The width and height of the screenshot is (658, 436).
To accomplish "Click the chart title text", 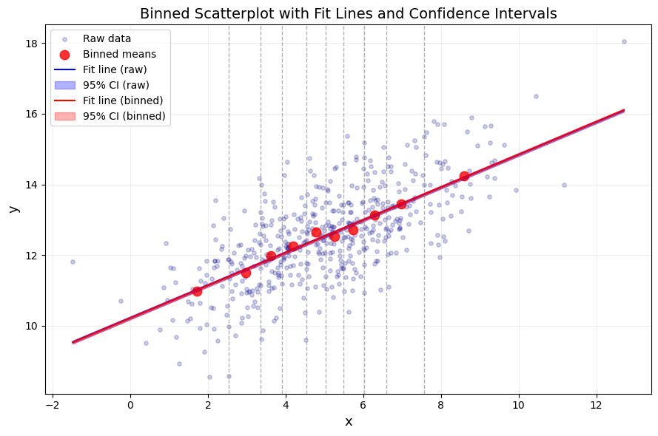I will point(348,13).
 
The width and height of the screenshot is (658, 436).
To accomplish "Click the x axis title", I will point(349,421).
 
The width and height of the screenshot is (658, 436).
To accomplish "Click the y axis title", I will point(13,209).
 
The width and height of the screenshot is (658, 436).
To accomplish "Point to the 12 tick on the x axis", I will point(596,406).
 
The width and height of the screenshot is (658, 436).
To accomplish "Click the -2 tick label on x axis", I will point(53,406).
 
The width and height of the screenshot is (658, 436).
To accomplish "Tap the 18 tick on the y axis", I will point(31,43).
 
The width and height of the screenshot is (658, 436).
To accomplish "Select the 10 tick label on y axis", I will point(31,326).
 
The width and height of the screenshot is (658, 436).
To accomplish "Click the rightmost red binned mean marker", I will point(464,176).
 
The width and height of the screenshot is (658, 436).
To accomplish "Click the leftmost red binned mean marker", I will point(197,291).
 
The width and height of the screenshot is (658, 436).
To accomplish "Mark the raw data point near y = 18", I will point(624,41).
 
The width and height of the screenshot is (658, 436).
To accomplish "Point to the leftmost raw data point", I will point(73,262).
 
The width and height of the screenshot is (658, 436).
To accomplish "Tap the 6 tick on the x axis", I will point(363,406).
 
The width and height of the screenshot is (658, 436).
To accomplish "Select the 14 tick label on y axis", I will point(31,185).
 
